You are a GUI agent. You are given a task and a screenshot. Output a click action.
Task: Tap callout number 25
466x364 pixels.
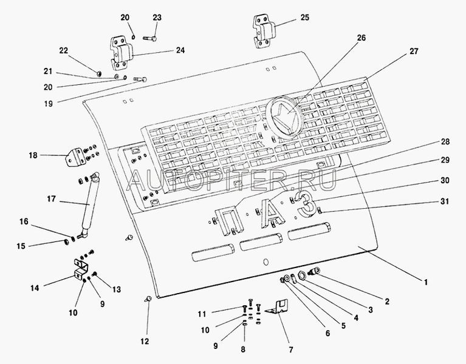304,18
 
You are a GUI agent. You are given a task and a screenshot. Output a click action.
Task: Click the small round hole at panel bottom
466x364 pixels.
265,263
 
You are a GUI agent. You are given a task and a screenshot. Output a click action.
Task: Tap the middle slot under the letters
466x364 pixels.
261,244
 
